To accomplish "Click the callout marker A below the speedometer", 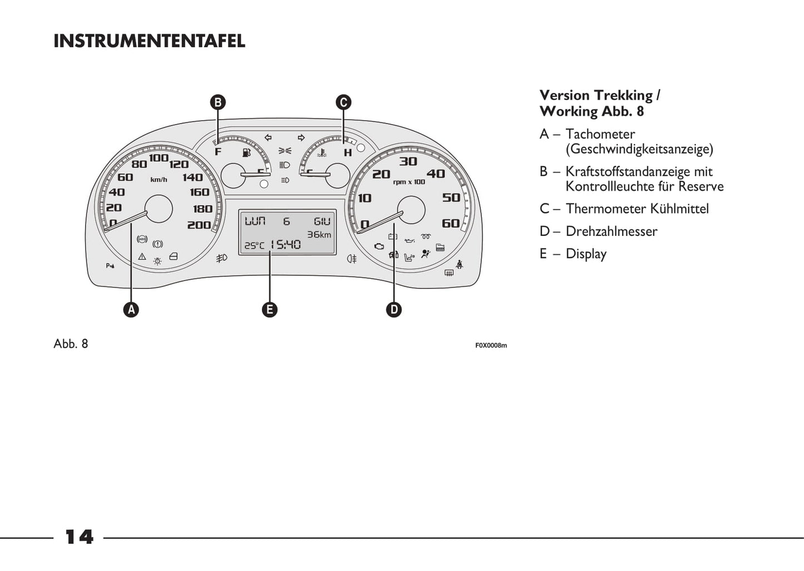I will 131,309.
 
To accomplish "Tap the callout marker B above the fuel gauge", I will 218,102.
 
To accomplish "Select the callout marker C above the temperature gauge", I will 343,102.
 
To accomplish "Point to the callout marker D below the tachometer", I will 394,309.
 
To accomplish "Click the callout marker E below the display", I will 269,309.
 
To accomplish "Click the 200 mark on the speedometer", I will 199,225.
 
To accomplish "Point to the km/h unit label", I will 159,180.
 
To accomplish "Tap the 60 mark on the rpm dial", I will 451,224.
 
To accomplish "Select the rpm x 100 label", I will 409,182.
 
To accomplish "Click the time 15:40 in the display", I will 286,244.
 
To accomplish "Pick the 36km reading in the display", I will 319,234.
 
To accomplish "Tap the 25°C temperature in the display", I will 254,245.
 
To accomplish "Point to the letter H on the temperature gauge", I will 348,152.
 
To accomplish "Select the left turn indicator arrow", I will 268,137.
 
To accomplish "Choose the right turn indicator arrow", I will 301,137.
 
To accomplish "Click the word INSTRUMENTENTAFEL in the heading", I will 149,41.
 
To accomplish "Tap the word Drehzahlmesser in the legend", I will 611,232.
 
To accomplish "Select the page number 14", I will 79,537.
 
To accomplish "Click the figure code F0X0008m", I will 491,346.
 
